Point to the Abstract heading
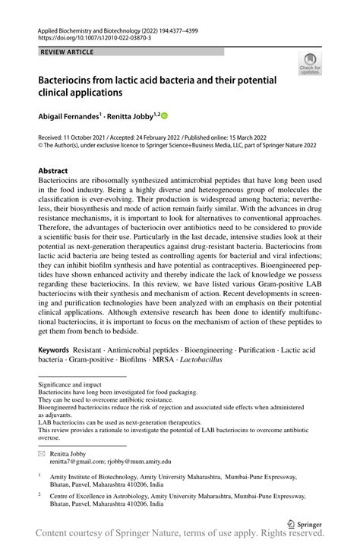point(53,171)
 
